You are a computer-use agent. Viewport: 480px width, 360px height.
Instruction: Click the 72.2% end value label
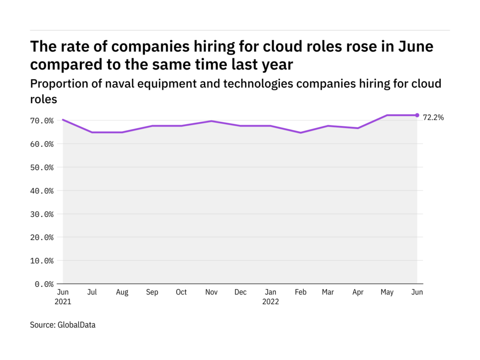click(433, 118)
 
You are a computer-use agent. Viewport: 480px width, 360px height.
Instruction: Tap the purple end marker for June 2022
click(417, 115)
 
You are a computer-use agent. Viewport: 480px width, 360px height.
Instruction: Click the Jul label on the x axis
click(92, 292)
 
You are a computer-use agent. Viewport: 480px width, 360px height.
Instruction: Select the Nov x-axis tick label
click(211, 292)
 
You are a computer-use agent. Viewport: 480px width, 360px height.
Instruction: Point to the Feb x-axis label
click(300, 292)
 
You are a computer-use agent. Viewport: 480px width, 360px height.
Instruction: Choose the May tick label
click(387, 292)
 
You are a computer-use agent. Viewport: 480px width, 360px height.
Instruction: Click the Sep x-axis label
click(152, 292)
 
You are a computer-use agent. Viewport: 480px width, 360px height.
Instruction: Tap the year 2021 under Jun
click(63, 302)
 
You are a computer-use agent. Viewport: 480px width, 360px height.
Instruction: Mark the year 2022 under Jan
click(270, 302)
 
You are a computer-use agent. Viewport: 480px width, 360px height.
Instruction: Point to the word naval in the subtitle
click(137, 83)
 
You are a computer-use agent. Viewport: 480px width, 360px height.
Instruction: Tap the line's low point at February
click(300, 133)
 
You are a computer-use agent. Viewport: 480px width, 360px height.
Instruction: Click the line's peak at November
click(211, 121)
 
